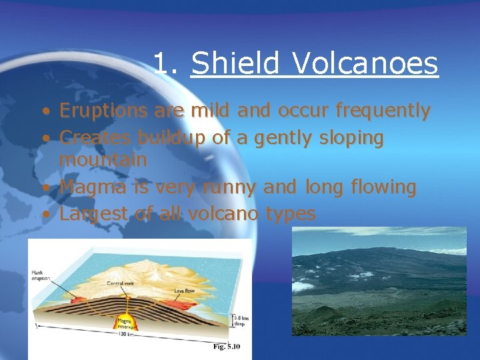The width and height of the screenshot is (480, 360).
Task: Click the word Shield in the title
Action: (237, 63)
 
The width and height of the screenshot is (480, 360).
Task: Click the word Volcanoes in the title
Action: (365, 63)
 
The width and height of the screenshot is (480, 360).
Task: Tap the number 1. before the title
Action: (166, 63)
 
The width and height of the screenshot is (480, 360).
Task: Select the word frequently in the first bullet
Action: (383, 111)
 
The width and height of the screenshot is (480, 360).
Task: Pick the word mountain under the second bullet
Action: (103, 160)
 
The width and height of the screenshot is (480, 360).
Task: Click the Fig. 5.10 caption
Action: (227, 347)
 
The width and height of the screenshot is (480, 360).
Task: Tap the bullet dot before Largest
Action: (45, 215)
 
